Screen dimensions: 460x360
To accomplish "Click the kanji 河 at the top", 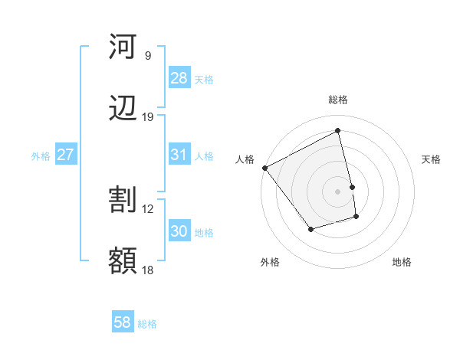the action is (x=123, y=47).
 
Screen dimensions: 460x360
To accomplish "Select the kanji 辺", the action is (x=123, y=109).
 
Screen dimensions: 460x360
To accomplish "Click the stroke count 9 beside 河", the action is (x=147, y=56).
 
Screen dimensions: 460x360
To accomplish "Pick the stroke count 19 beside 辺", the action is (x=148, y=117).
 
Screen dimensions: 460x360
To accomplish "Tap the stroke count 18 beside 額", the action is (x=148, y=270).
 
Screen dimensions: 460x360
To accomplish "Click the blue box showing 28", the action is (x=179, y=78).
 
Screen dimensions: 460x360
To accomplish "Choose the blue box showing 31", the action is (x=179, y=155).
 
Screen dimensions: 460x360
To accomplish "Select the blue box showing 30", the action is (x=179, y=231).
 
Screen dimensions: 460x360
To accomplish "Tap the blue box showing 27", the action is (x=66, y=155).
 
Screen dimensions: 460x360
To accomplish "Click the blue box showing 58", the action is (x=123, y=322).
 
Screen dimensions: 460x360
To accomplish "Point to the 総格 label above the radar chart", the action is (x=338, y=100).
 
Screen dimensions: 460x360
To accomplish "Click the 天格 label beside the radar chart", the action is (x=431, y=159).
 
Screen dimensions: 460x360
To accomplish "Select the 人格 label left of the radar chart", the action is (x=245, y=159).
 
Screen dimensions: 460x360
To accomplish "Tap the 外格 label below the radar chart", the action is (x=270, y=263).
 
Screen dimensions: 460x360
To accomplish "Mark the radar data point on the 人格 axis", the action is (x=264, y=168).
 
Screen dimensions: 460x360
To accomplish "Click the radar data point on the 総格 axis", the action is (x=338, y=131).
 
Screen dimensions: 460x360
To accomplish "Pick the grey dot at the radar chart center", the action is (x=338, y=191).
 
